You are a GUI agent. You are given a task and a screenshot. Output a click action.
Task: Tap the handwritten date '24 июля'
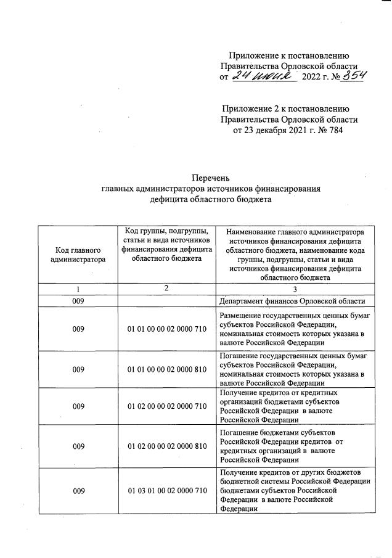point(263,76)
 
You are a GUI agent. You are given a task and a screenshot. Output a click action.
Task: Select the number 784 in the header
point(332,130)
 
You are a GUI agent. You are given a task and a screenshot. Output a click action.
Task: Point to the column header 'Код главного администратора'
point(78,254)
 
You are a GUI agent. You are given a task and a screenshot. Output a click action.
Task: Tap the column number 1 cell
point(78,289)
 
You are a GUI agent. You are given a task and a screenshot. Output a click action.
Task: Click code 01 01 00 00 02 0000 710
point(166,329)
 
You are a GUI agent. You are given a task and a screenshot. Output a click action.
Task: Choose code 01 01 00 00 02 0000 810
point(166,369)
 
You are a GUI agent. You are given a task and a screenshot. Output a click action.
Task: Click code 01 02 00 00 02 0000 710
point(166,406)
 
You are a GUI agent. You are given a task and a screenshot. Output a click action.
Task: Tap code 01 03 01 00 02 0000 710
point(166,491)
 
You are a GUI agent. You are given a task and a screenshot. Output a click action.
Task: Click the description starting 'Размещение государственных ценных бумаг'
point(293,329)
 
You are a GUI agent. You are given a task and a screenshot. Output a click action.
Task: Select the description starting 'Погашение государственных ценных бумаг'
point(293,369)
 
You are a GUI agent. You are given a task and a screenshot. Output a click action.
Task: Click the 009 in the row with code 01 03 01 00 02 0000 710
point(78,491)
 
